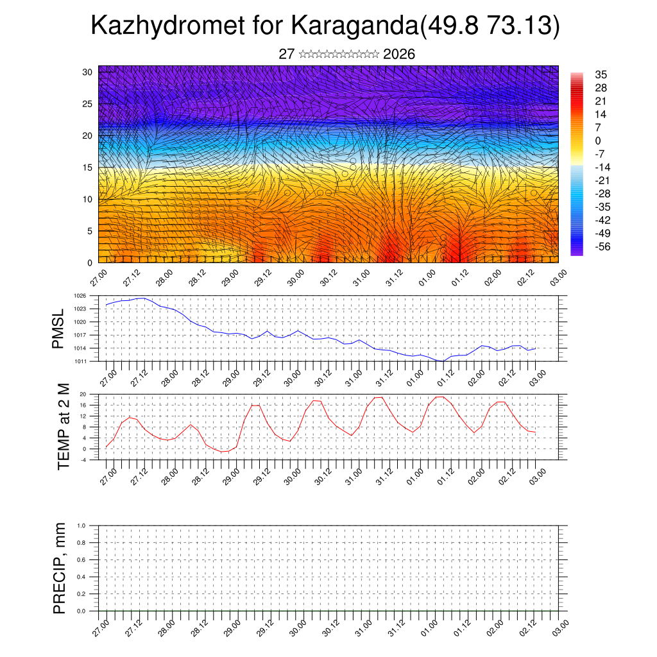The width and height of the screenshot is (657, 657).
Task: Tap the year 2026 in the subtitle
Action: point(399,55)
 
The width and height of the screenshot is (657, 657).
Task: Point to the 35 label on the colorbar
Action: point(601,74)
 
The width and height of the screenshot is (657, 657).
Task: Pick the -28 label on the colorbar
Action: point(603,194)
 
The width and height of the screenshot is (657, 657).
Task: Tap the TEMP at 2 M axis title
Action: point(64,427)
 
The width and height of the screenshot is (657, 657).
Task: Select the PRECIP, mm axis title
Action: point(60,568)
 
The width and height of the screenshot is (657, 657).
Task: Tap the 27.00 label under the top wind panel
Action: point(98,279)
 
